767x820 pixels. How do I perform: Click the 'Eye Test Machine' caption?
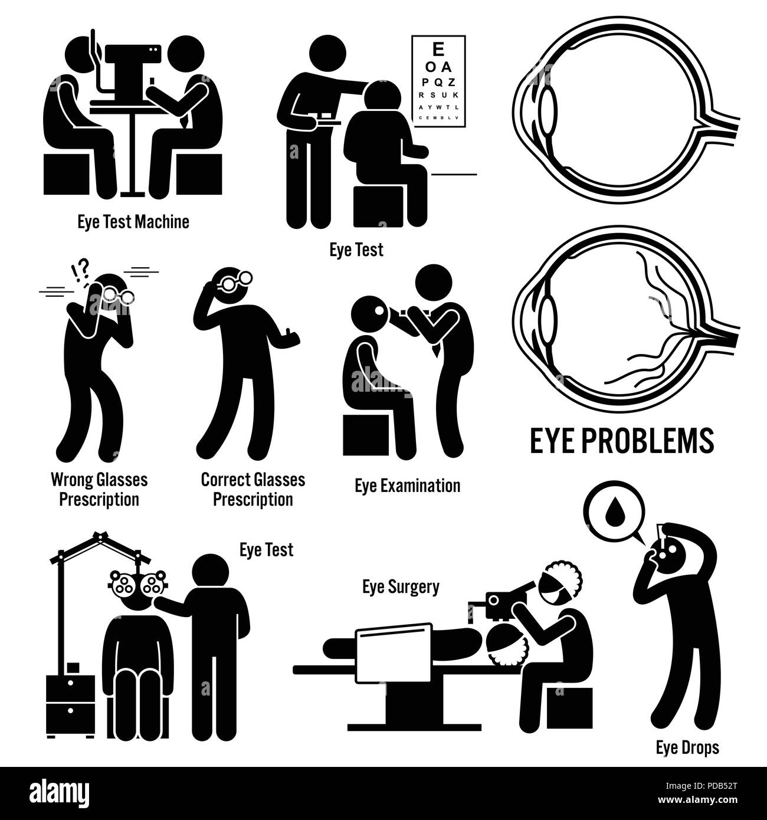133,222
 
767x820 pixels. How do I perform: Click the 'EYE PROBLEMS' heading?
622,441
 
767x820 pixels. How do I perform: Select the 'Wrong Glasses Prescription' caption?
99,489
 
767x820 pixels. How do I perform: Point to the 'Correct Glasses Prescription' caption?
253,489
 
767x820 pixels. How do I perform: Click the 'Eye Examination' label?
407,486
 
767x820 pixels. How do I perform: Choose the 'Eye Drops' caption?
687,748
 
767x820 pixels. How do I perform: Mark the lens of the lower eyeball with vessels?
549,318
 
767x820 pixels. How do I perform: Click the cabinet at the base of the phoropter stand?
69,705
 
